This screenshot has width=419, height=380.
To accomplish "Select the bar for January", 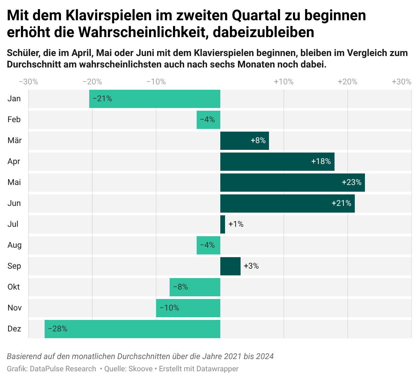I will pos(155,99).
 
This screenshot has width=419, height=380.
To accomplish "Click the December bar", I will pos(132,329).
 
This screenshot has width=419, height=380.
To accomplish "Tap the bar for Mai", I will pos(292,183).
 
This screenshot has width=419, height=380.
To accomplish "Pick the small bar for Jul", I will pos(223,224).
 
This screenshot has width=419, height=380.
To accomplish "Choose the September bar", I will pos(230,266).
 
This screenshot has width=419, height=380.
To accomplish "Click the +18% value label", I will pos(321,162).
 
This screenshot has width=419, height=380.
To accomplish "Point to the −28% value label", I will pos(57,329).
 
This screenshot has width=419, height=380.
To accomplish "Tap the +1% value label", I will pos(236,224).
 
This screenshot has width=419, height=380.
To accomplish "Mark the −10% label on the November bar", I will pos(169,308).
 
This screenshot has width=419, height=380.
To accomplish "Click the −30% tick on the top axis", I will pos(28,82).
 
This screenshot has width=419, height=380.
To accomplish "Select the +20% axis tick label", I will pos(347,82).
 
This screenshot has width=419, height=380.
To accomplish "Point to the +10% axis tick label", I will pos(284,82).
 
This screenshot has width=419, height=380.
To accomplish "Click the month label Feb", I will pos(14,120).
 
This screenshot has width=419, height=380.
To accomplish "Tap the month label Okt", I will pos(14,287).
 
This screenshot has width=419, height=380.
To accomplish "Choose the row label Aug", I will pos(15,245).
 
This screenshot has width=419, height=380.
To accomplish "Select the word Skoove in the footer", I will pos(141,369).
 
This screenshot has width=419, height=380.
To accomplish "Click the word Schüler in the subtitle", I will pos(23,53).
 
